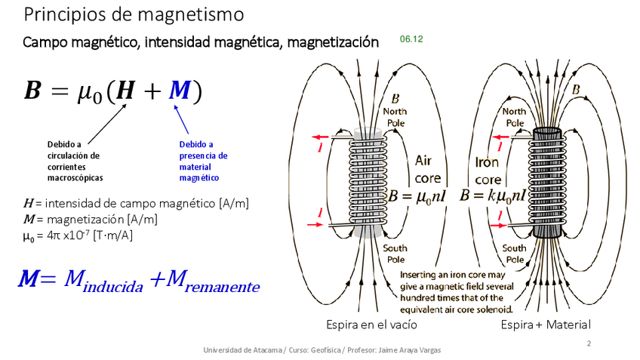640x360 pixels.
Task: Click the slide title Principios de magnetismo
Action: pos(134,14)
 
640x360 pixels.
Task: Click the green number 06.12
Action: pos(411,38)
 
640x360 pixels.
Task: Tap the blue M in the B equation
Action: pos(180,91)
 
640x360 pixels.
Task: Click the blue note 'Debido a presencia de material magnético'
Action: pos(202,161)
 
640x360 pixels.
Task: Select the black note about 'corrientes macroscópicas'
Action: pos(74,161)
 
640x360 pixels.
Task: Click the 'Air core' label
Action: pos(428,170)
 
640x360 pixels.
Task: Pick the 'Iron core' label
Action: pos(488,171)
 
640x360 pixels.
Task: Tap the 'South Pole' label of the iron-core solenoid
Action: pos(515,253)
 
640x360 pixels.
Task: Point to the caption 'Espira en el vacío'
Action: pos(371,325)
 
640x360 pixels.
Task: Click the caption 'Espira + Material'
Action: pos(546,325)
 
